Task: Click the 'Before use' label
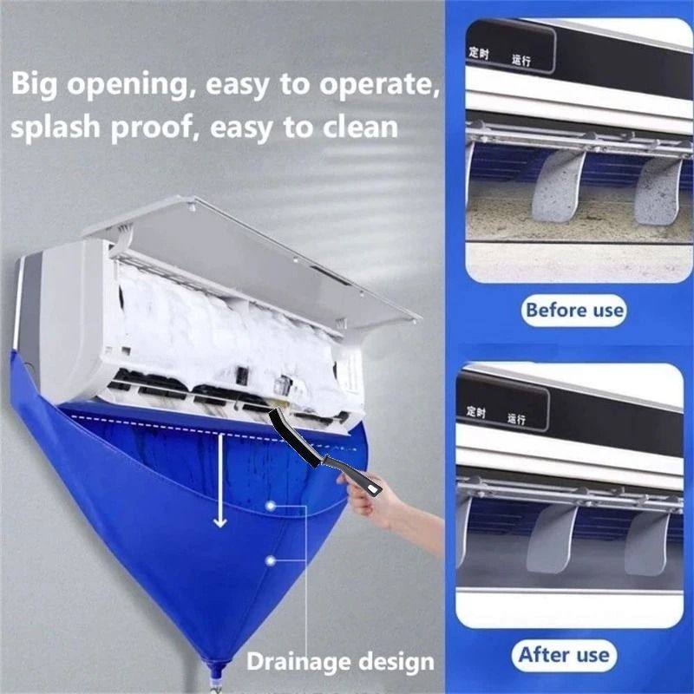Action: coord(573,310)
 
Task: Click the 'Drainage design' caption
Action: coord(340,663)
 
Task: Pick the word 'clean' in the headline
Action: coord(355,127)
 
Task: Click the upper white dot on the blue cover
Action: coord(272,504)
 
